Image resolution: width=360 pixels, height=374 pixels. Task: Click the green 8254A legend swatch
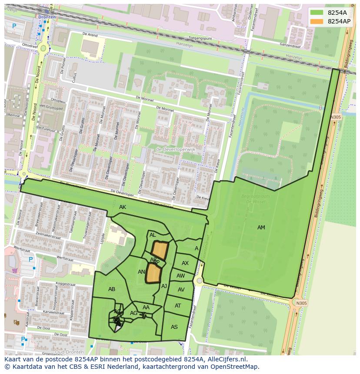pos(317,13)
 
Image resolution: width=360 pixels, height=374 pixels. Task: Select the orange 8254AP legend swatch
pos(317,21)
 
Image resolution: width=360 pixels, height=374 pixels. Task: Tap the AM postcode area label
pos(261,228)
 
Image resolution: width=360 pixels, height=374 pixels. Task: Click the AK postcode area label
pos(123,207)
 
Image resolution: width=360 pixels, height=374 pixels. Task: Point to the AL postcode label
pos(153,235)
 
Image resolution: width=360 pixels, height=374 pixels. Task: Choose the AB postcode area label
pos(112,289)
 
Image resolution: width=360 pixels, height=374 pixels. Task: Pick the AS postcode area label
pos(174,327)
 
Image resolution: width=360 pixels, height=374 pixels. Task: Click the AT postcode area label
pos(178,306)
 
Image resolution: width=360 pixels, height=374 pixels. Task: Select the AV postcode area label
pos(181,290)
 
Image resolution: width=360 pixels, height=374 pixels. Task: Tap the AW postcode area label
pos(181,276)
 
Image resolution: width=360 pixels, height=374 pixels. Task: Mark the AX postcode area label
pos(185,263)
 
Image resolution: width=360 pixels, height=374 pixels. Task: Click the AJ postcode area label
pos(164,286)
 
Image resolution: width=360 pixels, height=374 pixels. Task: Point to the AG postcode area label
pos(133,313)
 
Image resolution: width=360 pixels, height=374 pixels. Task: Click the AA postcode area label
pos(146,308)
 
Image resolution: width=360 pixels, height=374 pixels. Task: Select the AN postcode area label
pos(141,272)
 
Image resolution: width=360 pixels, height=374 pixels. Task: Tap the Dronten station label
pos(47,17)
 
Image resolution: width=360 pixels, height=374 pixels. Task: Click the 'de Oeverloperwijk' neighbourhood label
pos(176,149)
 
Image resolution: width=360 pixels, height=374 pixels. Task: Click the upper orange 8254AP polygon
pos(160,250)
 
